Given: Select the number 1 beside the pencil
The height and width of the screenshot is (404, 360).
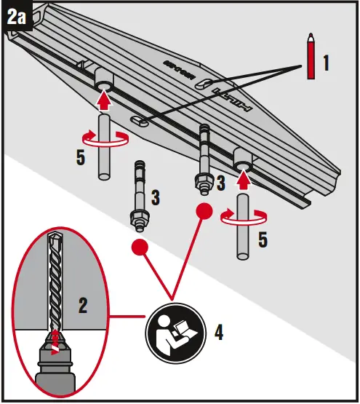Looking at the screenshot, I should coord(327,63).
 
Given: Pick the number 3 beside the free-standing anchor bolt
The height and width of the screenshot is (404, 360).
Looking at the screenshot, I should coord(156,197).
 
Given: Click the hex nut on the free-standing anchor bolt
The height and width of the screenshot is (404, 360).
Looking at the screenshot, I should coord(135,217).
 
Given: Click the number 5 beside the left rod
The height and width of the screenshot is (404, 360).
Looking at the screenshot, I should coord(81,157).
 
